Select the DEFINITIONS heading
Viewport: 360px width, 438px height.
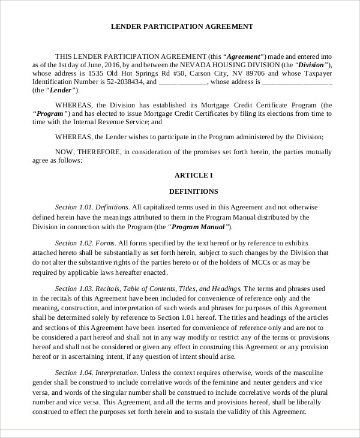[x=193, y=191]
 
